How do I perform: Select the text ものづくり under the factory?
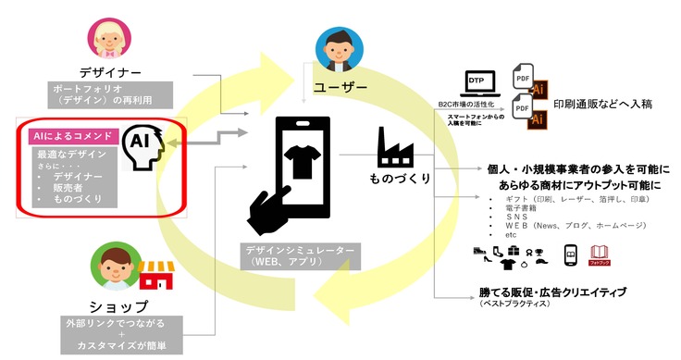pyautogui.click(x=401, y=177)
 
